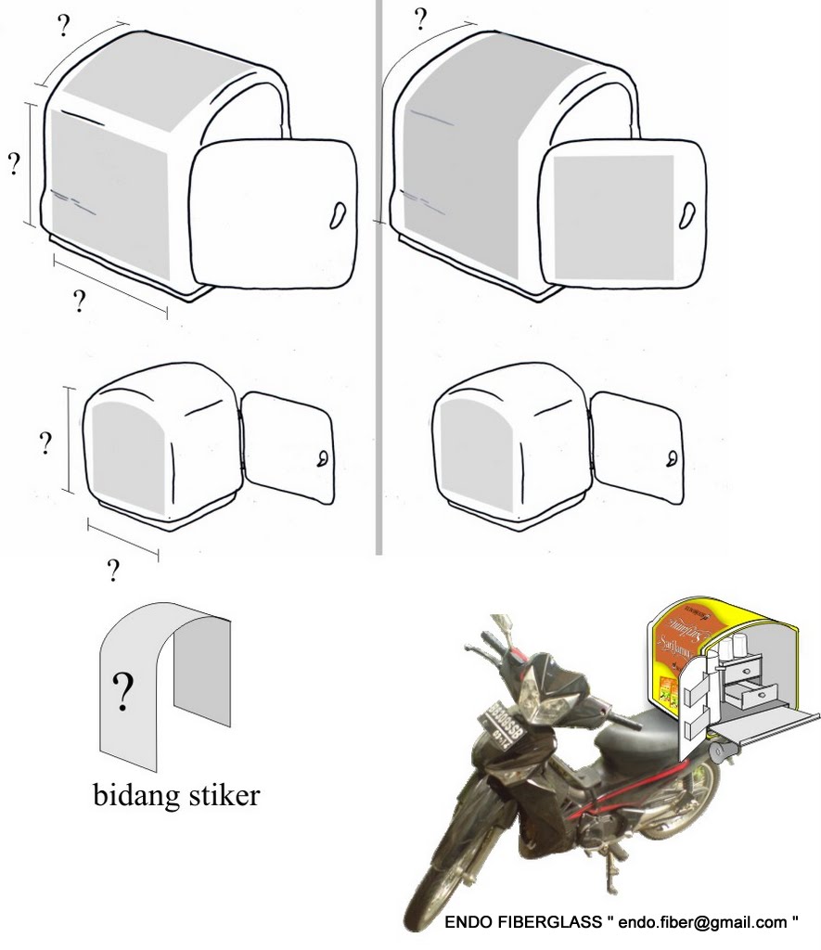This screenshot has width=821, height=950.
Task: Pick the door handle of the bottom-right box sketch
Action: pyautogui.click(x=670, y=459)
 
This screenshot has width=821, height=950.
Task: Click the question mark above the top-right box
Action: pyautogui.click(x=420, y=19)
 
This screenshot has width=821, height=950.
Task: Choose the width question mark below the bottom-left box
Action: pyautogui.click(x=113, y=570)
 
